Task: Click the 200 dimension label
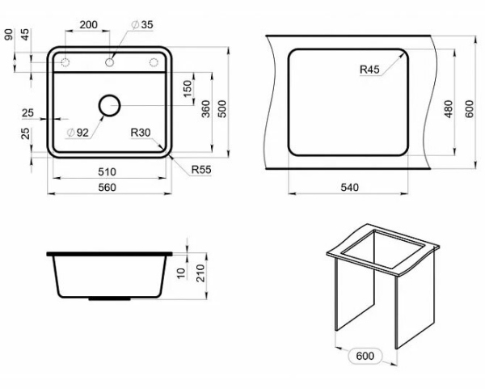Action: coord(88,24)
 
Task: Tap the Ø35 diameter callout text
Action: coord(142,24)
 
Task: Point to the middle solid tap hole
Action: coord(109,62)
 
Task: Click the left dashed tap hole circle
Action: coord(65,62)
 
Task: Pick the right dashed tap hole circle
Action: coord(154,62)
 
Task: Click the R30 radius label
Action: coord(141,133)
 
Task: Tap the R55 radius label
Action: coord(201,170)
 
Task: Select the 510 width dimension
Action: coord(107,171)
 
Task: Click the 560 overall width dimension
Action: coord(107,188)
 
